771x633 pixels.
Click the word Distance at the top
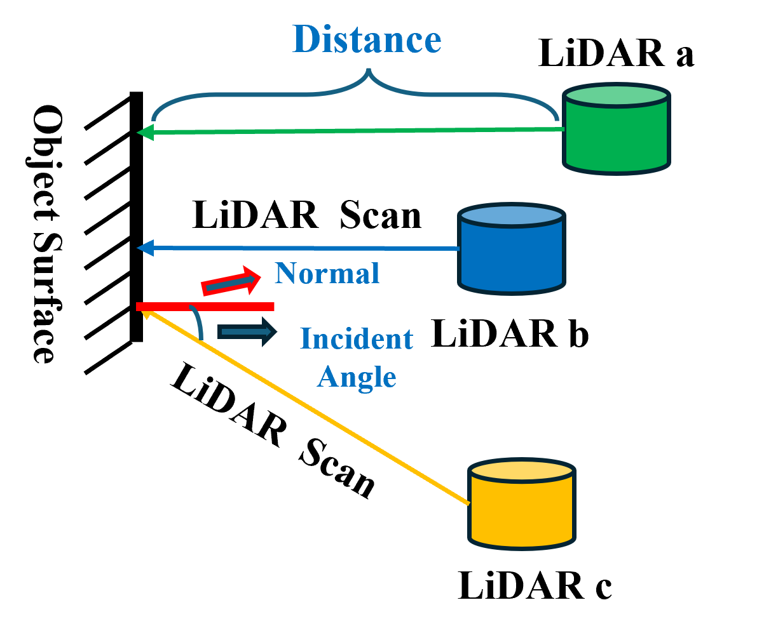click(x=367, y=39)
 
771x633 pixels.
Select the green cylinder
click(x=617, y=137)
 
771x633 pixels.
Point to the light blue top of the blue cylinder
click(x=512, y=216)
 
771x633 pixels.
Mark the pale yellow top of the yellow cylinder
click(x=521, y=470)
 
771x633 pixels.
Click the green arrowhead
click(x=145, y=133)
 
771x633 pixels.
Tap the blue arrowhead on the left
click(x=145, y=248)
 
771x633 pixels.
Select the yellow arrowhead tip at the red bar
click(x=146, y=313)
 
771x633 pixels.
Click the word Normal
click(x=327, y=274)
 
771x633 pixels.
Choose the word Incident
click(x=356, y=338)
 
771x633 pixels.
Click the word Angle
click(x=357, y=377)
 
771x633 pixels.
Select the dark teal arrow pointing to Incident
click(x=247, y=332)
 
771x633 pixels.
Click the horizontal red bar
click(x=205, y=307)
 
